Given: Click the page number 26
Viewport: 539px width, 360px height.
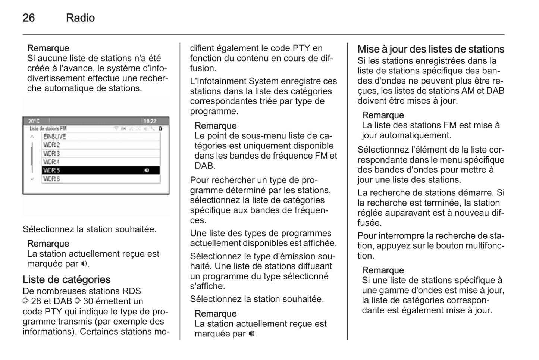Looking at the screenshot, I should point(29,18).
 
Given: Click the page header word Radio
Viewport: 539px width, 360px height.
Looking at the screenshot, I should point(80,18).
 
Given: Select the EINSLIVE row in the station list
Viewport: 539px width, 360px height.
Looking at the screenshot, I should point(54,137).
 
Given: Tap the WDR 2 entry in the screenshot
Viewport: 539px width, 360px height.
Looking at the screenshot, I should point(51,145).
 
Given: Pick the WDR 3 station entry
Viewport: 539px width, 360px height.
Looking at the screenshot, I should point(51,154).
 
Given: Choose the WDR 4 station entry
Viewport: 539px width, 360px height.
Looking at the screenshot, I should point(51,162).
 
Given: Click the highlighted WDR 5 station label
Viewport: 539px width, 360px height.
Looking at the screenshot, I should point(51,170).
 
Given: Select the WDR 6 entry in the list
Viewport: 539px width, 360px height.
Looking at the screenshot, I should point(51,179).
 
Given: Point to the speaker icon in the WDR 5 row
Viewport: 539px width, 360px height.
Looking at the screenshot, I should point(147,170).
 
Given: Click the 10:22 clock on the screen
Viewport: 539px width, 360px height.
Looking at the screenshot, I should point(150,121).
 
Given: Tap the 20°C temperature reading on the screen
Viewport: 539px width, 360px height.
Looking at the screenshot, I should point(34,121).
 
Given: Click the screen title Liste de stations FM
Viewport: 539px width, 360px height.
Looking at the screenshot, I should point(48,129).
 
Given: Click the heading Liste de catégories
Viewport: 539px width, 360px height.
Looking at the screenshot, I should point(66,279).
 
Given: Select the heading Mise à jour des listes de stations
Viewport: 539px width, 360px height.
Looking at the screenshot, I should point(431,49).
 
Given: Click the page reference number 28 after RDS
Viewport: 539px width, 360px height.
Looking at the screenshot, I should point(36,301).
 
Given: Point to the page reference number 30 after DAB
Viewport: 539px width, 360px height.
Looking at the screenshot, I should point(88,301).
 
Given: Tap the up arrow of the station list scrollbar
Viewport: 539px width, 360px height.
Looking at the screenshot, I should point(32,137).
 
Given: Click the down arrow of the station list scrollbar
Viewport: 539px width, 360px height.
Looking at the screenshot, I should point(32,179).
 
